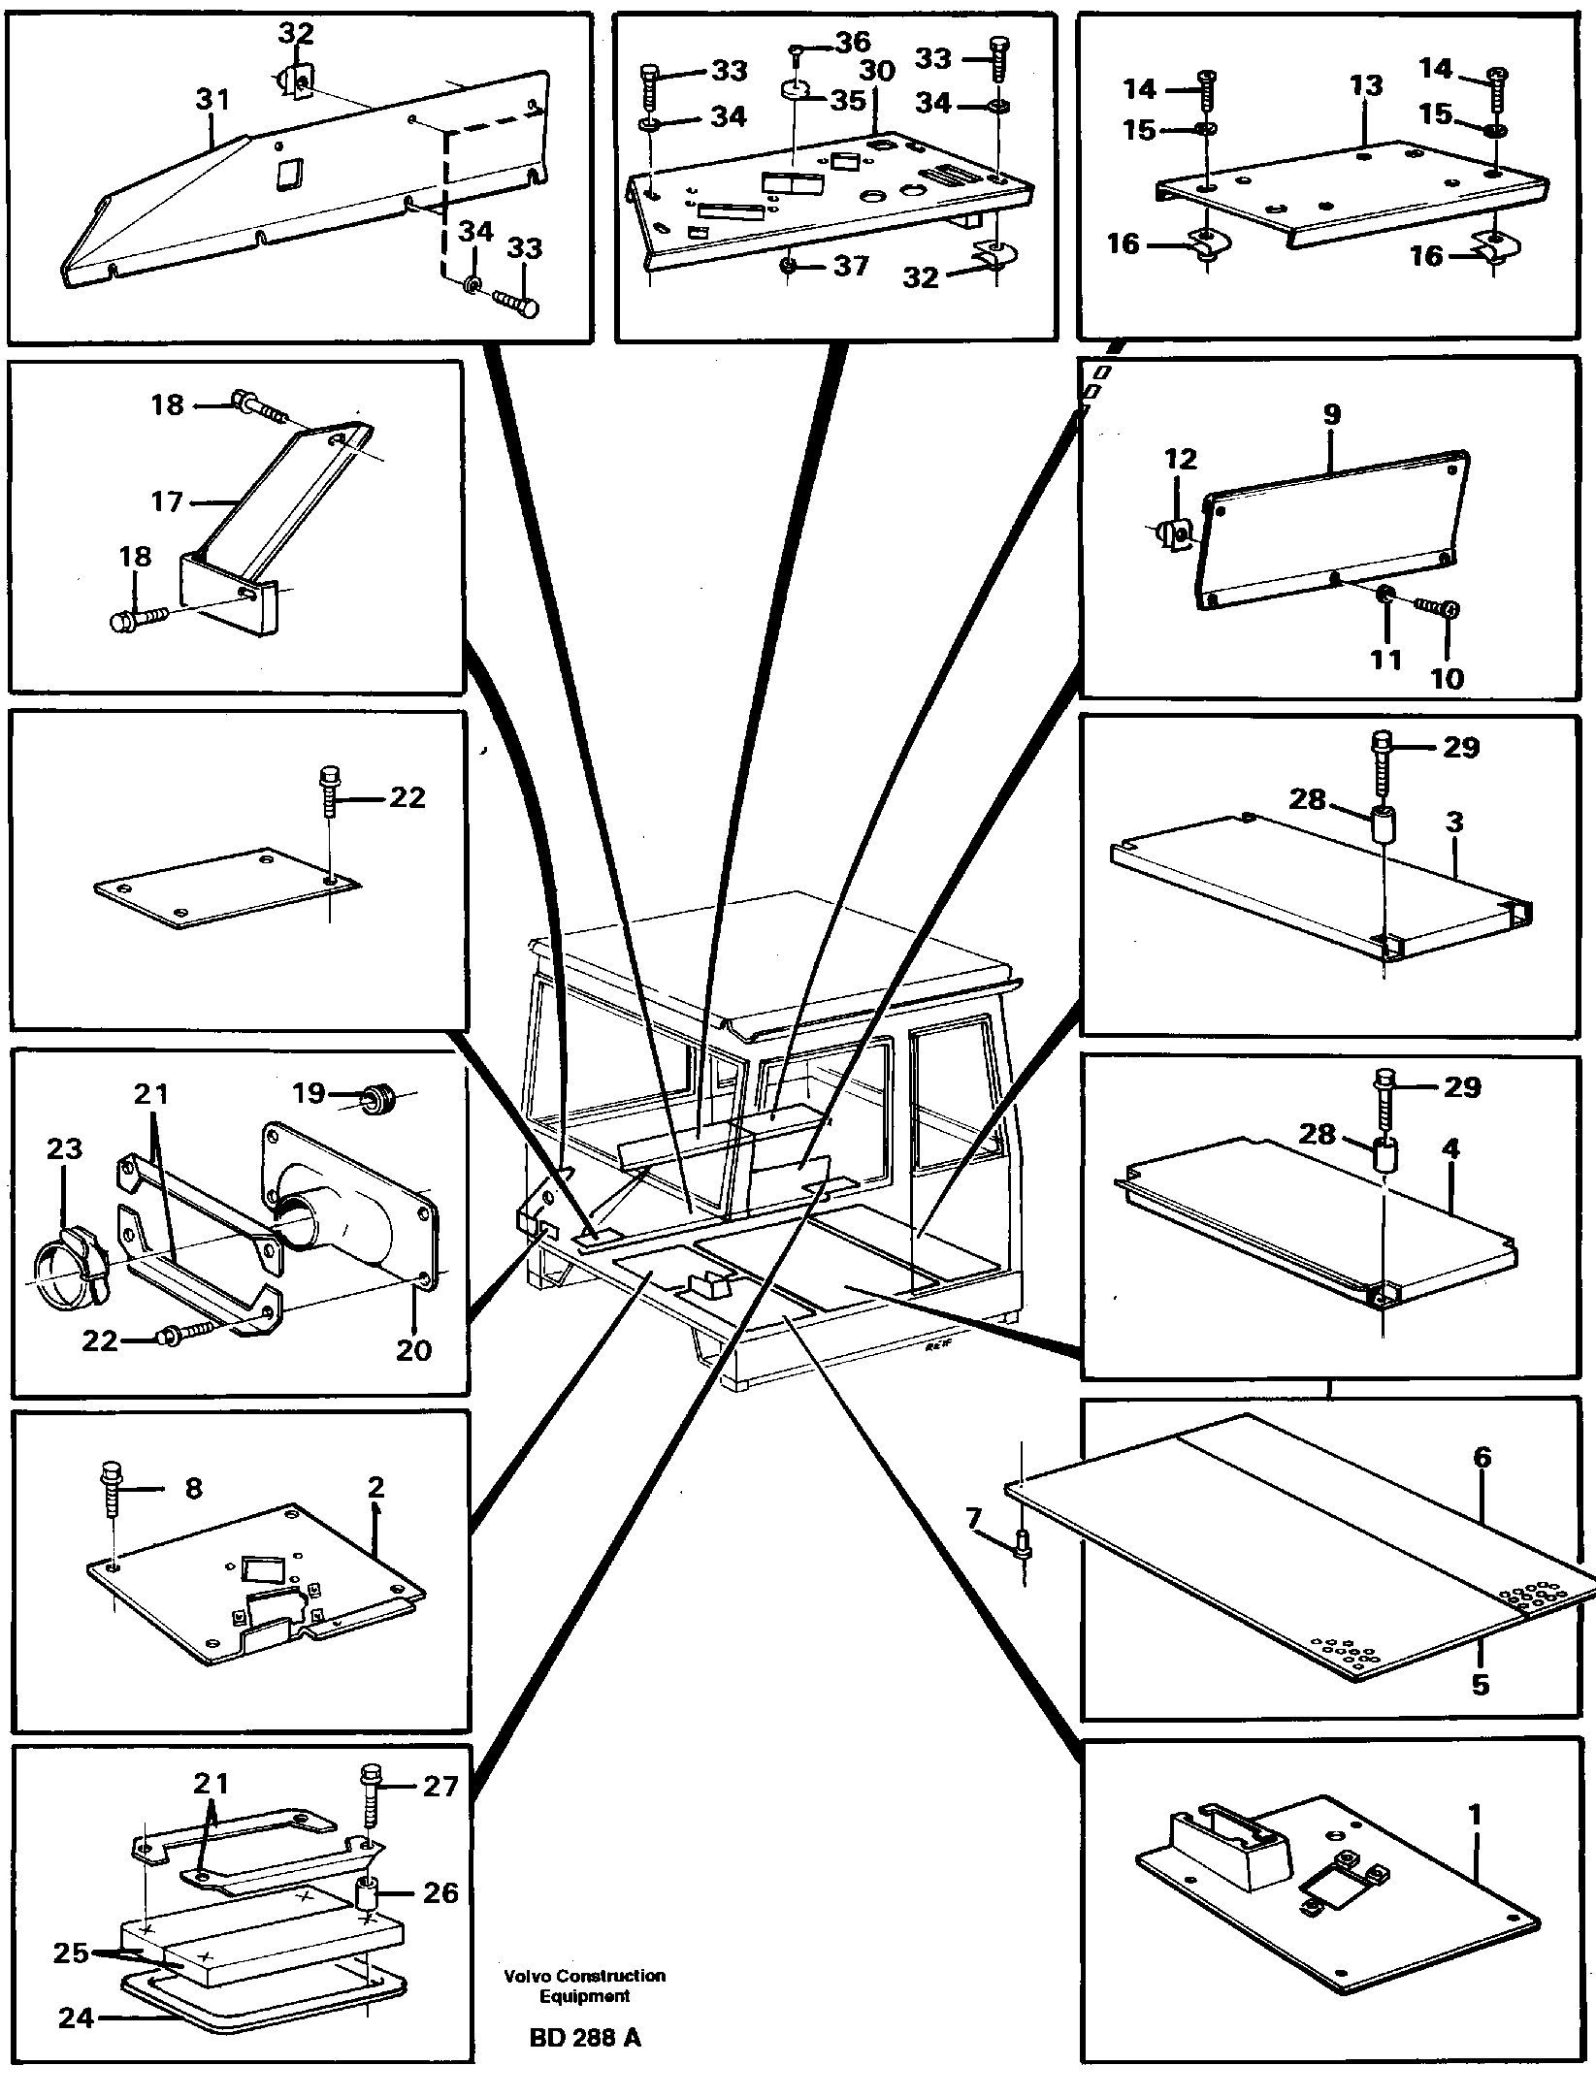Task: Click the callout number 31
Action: click(212, 100)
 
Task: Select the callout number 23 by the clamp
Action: click(65, 1149)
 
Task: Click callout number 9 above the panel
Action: click(1331, 415)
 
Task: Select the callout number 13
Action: click(1365, 86)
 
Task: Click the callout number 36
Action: click(854, 44)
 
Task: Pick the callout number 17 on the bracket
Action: click(167, 501)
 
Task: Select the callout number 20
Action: click(413, 1350)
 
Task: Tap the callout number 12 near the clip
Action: click(1181, 459)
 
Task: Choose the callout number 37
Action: click(851, 266)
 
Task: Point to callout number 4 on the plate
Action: click(1450, 1149)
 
